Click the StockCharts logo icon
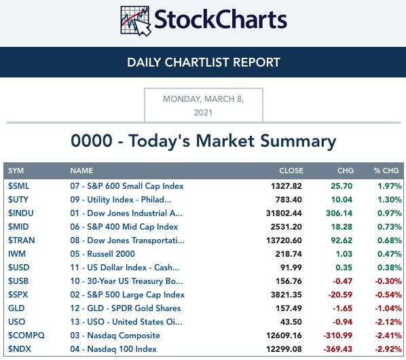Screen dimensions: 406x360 pyautogui.click(x=135, y=21)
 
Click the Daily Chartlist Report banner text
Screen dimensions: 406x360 pyautogui.click(x=204, y=62)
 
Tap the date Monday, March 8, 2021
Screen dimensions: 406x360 pyautogui.click(x=204, y=106)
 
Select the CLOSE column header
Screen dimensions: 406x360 pyautogui.click(x=291, y=170)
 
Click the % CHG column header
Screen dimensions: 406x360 pyautogui.click(x=386, y=170)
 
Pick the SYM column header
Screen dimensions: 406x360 pyautogui.click(x=16, y=170)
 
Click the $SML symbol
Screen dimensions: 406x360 pyautogui.click(x=18, y=186)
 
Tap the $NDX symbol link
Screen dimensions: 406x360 pyautogui.click(x=20, y=349)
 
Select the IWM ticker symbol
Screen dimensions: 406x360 pyautogui.click(x=17, y=254)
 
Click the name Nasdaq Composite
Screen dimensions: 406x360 pyautogui.click(x=124, y=336)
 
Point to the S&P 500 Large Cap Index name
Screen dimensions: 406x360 pyautogui.click(x=136, y=295)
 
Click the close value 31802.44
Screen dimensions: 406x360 pyautogui.click(x=284, y=213)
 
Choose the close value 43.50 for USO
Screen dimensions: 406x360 pyautogui.click(x=291, y=322)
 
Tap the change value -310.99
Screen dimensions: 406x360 pyautogui.click(x=338, y=336)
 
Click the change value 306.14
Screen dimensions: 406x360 pyautogui.click(x=339, y=213)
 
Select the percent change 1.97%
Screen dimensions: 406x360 pyautogui.click(x=390, y=186)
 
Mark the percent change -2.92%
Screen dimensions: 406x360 pyautogui.click(x=388, y=349)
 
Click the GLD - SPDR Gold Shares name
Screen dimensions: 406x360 pyautogui.click(x=134, y=308)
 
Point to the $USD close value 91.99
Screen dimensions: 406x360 pyautogui.click(x=291, y=268)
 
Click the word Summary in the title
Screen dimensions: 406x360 pyautogui.click(x=298, y=141)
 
